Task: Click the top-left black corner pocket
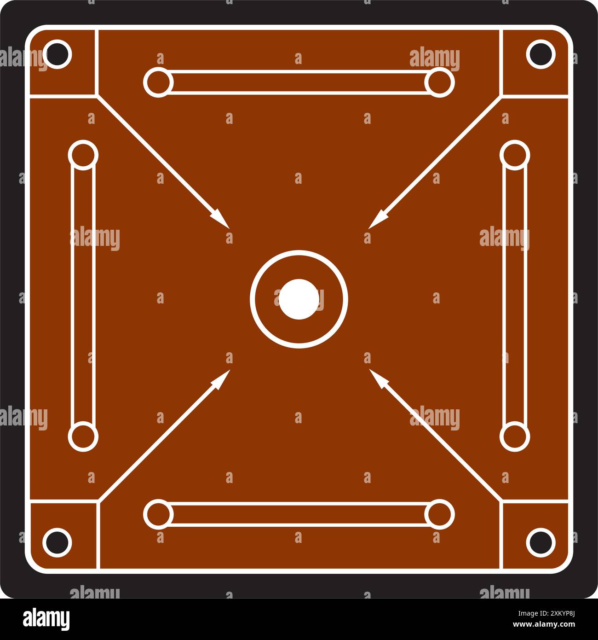(x=57, y=54)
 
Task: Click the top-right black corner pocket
(x=540, y=54)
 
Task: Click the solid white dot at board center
(x=299, y=299)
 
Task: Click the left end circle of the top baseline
(x=158, y=82)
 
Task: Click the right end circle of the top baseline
(x=439, y=82)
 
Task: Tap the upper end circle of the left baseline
(x=83, y=154)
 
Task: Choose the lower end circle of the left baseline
(x=83, y=436)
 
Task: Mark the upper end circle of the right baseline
(x=514, y=154)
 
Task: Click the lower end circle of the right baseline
(x=514, y=436)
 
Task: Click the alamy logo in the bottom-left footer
(x=46, y=619)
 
